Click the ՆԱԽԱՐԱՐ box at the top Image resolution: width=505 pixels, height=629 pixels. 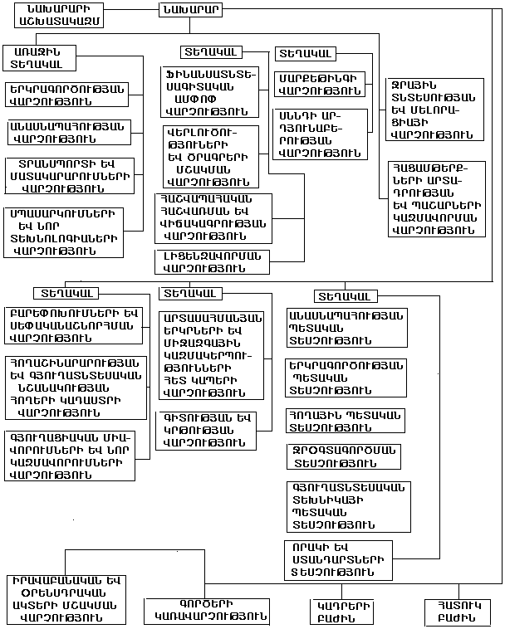[x=189, y=11]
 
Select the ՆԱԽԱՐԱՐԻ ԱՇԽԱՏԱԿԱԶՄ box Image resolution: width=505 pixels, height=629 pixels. [x=55, y=15]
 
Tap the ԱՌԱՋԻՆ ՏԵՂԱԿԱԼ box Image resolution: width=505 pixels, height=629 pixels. [x=38, y=56]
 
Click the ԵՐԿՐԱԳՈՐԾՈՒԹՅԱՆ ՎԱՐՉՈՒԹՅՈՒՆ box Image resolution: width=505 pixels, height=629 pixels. [x=66, y=95]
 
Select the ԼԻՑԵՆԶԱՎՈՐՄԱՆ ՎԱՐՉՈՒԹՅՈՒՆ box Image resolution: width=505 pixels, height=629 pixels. [x=211, y=261]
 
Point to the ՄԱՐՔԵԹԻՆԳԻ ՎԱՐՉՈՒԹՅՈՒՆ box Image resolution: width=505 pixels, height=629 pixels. [x=320, y=85]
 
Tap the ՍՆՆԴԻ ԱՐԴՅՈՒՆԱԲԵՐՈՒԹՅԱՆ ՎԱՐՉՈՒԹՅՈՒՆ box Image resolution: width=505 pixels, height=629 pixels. [x=320, y=133]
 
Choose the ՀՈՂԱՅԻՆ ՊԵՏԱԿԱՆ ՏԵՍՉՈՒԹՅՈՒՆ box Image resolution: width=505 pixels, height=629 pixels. [x=343, y=420]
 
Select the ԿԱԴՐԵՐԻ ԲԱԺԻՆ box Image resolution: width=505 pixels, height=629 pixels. [x=343, y=612]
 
